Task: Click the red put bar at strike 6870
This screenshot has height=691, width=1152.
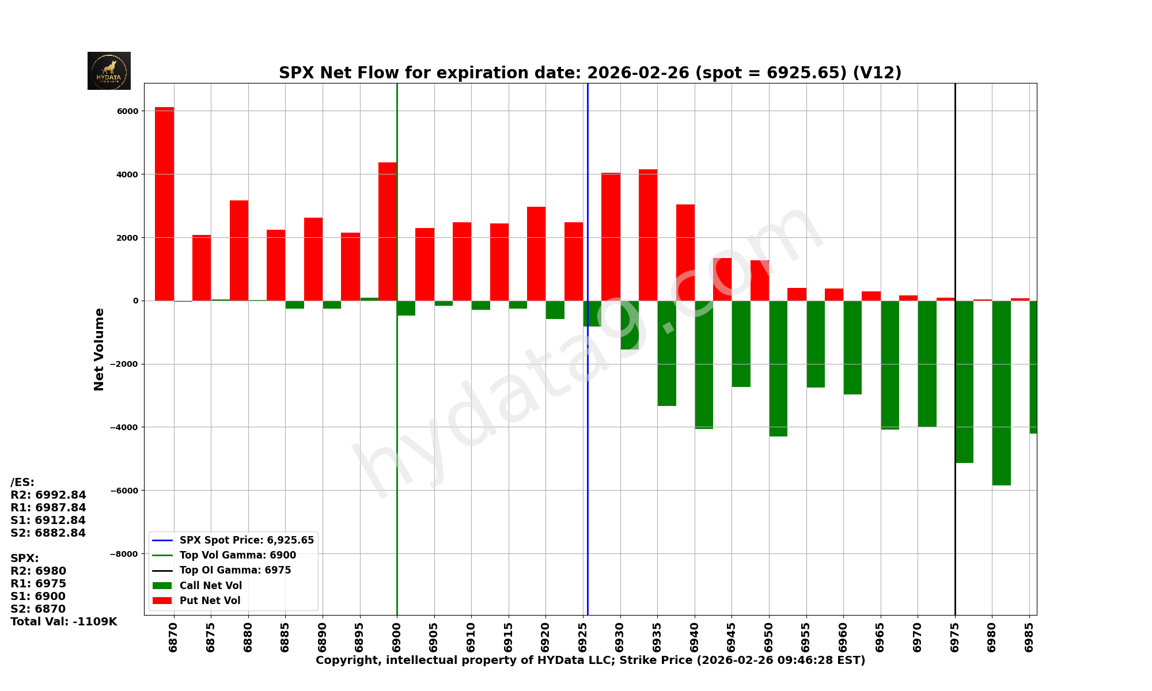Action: point(164,204)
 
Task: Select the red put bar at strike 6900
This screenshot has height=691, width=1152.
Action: point(387,231)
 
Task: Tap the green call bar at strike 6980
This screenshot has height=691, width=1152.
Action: point(1001,393)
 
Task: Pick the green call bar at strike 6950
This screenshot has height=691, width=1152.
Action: point(778,369)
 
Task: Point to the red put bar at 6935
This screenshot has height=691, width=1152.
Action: point(648,235)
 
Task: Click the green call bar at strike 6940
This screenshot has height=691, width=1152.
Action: point(704,365)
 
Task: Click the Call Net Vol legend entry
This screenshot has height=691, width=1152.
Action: point(210,586)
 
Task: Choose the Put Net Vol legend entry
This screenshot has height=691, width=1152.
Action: point(210,601)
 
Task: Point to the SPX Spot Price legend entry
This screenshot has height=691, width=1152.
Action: point(247,540)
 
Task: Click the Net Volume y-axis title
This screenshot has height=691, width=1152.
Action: point(99,350)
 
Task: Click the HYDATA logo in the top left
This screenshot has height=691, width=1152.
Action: point(109,71)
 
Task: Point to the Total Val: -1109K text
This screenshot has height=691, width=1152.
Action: point(64,622)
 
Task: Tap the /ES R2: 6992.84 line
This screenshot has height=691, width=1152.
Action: point(48,495)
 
